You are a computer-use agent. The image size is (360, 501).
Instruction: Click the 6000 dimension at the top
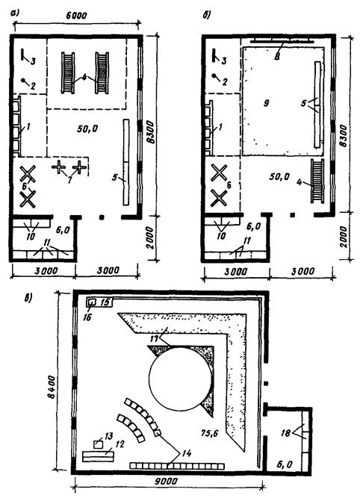pos(76,15)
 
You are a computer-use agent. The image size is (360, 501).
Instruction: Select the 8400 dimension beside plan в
pos(51,387)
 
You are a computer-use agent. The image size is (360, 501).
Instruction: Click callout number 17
pos(155,337)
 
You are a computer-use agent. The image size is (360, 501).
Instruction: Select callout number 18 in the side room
pos(286,432)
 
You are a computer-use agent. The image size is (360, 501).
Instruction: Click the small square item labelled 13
pos(98,444)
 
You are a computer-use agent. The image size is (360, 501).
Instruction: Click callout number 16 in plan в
pos(87,317)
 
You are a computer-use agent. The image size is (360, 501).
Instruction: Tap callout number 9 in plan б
pos(266,103)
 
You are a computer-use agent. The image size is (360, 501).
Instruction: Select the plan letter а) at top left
pos(15,13)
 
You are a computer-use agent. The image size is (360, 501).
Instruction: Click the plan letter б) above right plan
pos(207,16)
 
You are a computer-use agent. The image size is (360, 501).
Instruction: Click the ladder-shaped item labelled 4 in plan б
pos(317,181)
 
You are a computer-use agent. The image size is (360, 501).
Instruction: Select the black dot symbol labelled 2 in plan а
pos(23,80)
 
